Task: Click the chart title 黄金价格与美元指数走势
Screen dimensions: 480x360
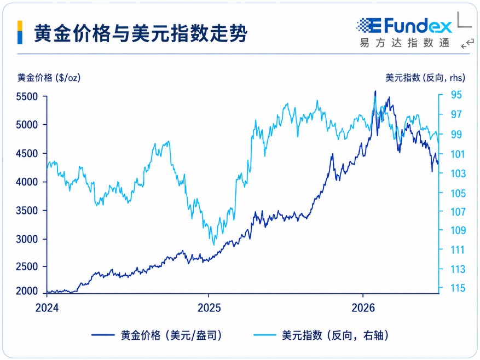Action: tap(141, 33)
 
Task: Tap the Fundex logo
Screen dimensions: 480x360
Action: tap(404, 26)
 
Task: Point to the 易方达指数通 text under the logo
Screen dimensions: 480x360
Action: tap(404, 43)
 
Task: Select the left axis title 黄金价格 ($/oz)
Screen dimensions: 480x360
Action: tap(49, 78)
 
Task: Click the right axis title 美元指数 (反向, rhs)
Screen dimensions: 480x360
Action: tap(425, 78)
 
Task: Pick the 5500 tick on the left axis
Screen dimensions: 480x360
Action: tap(27, 97)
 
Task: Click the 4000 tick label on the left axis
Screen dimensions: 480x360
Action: tap(27, 182)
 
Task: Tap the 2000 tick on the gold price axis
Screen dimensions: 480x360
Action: tap(27, 291)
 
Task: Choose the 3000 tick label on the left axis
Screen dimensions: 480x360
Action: tap(27, 239)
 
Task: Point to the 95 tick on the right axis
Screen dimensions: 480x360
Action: tap(456, 95)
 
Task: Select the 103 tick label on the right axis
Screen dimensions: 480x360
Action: tap(458, 173)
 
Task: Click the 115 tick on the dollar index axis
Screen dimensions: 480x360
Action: tap(458, 288)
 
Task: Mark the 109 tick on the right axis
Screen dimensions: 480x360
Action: tap(458, 230)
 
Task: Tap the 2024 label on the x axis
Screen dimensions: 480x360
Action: tap(47, 307)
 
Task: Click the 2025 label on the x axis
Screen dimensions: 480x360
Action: tap(209, 307)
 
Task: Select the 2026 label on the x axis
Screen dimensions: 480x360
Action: tap(363, 307)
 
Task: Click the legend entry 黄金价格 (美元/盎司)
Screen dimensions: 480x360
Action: tap(157, 335)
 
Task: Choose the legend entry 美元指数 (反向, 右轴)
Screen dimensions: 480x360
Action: tap(321, 335)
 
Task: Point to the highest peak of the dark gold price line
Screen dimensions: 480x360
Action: tap(375, 91)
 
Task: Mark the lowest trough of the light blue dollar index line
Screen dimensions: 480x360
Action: tap(213, 245)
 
